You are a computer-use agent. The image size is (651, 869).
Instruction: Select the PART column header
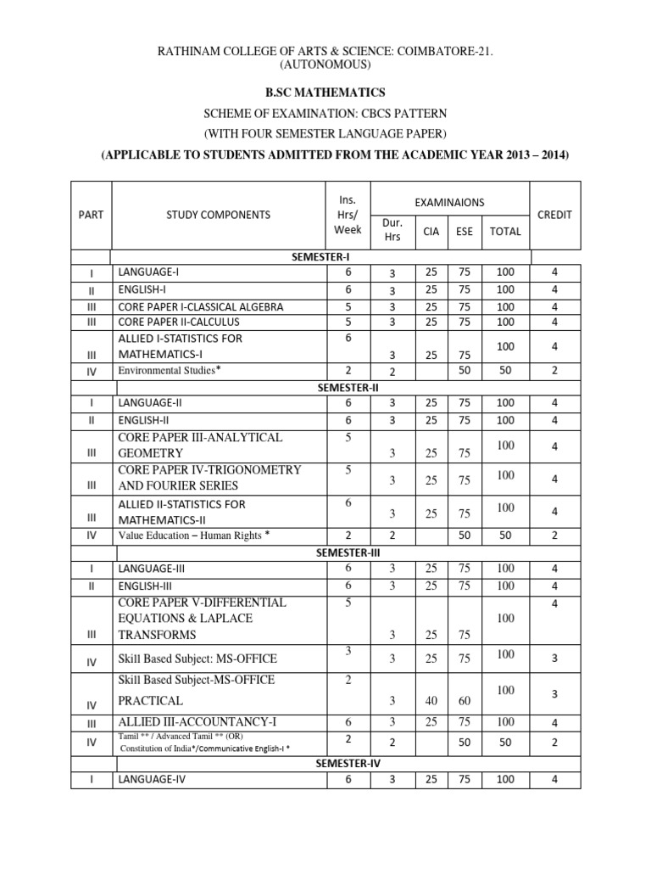(x=91, y=215)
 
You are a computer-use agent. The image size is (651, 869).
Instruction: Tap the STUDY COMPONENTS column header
(x=219, y=215)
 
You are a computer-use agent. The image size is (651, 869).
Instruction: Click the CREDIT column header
(x=554, y=215)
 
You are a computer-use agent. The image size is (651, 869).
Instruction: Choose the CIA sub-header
(x=431, y=231)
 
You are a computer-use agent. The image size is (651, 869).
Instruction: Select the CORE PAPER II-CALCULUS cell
(x=179, y=322)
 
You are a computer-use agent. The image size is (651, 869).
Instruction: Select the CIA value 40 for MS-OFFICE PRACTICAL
(x=431, y=701)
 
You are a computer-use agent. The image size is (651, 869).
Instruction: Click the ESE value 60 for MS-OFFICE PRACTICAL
(x=465, y=701)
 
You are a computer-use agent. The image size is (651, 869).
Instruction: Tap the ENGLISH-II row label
(x=146, y=420)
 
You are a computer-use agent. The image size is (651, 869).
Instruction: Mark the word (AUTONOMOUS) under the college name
(x=325, y=64)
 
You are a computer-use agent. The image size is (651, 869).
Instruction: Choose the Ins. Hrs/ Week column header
(x=348, y=214)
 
